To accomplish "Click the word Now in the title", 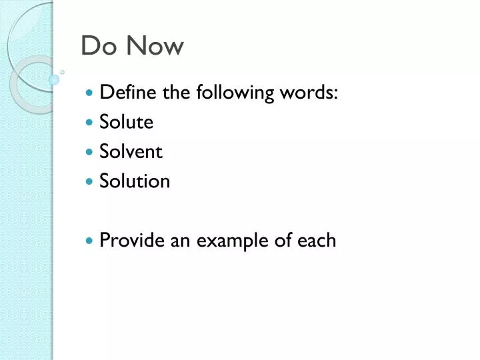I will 153,46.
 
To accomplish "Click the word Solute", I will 126,122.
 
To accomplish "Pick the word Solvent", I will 131,151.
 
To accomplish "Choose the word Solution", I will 135,181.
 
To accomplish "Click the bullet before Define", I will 90,93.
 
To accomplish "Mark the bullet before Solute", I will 90,123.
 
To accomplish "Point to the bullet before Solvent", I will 90,152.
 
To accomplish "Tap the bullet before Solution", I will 90,181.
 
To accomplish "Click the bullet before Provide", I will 90,241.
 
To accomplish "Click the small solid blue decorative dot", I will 54,79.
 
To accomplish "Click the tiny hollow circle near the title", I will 62,71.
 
